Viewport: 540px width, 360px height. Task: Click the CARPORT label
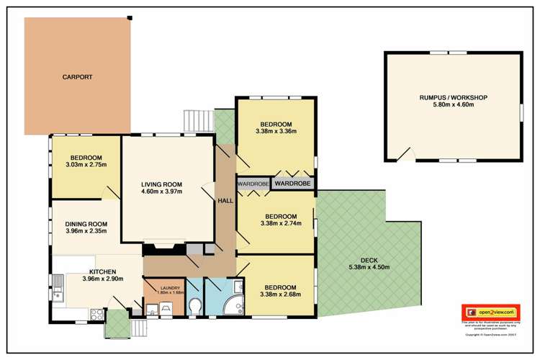tap(78, 77)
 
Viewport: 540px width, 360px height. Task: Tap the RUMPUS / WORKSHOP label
tap(454, 97)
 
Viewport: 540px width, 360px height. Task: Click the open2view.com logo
tap(492, 312)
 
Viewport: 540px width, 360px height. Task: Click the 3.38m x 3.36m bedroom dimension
tap(276, 131)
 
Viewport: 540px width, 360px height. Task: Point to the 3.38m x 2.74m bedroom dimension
tap(280, 223)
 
